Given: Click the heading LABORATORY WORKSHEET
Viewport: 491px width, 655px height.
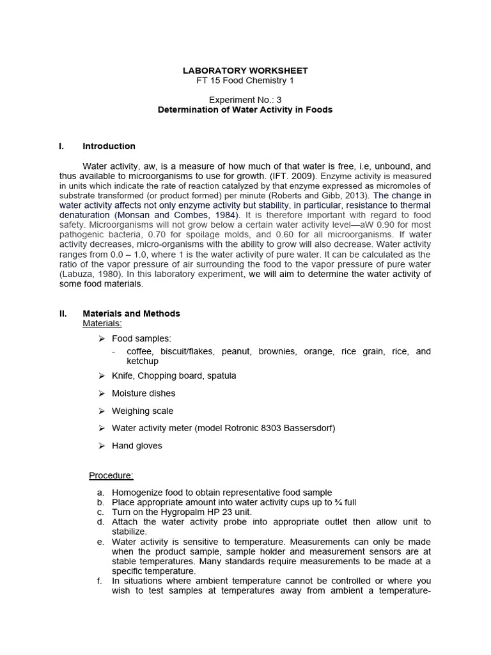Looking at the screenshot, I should click(x=245, y=70).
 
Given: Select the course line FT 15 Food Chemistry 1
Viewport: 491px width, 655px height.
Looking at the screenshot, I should click(x=245, y=81).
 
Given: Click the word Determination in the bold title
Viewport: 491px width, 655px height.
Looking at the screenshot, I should click(x=186, y=109).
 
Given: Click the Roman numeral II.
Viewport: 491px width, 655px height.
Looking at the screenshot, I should click(x=63, y=313).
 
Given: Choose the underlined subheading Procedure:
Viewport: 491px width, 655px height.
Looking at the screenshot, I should click(x=111, y=475).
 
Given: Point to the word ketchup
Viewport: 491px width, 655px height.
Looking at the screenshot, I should click(x=143, y=361).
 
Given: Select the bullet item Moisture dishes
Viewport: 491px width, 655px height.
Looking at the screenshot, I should click(x=143, y=393).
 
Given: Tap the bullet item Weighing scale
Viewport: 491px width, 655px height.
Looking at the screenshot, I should click(x=142, y=411).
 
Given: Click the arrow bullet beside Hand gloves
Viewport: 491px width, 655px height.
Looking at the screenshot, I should click(x=102, y=446).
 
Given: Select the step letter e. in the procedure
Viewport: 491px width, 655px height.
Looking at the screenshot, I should click(x=100, y=542).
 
